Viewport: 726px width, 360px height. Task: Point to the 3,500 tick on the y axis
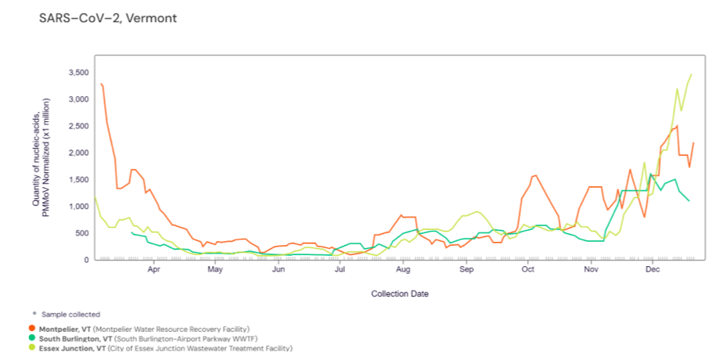(x=78, y=73)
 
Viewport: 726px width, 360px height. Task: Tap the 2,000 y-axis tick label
(x=78, y=153)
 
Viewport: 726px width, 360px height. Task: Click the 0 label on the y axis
(x=86, y=260)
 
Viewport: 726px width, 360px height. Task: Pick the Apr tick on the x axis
(x=153, y=270)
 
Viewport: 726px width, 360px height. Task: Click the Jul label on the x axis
(x=340, y=270)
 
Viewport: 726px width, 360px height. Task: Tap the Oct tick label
(x=528, y=270)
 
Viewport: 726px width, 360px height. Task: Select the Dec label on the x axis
(x=652, y=270)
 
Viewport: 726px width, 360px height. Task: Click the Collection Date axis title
(x=400, y=294)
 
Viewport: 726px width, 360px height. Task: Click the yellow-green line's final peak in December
(x=692, y=74)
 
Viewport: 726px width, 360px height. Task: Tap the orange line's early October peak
(x=535, y=175)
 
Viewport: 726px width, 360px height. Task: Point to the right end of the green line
(x=689, y=201)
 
